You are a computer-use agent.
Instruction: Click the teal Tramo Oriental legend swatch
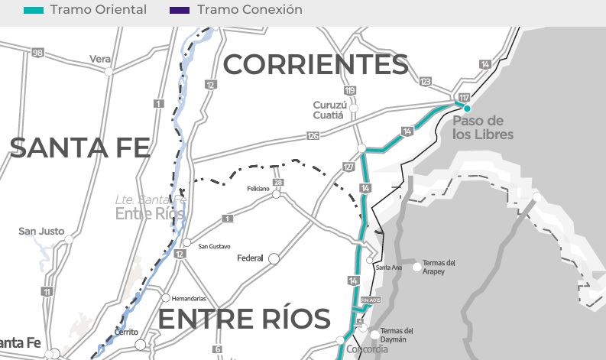(x=34, y=11)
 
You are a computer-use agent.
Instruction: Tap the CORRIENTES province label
(x=315, y=66)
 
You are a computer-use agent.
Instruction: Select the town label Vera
(x=99, y=59)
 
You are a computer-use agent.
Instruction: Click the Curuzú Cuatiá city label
(x=334, y=110)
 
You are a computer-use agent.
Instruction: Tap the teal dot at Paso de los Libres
(x=467, y=108)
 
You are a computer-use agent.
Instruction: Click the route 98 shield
(x=37, y=52)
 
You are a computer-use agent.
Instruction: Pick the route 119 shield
(x=350, y=91)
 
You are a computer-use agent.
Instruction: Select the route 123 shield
(x=426, y=81)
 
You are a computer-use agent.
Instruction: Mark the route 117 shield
(x=464, y=98)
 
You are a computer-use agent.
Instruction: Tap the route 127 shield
(x=349, y=167)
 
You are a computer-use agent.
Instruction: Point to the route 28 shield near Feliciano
(x=277, y=182)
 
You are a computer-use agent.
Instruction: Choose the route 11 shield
(x=47, y=292)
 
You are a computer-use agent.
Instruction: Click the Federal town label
(x=250, y=258)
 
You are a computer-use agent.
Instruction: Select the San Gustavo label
(x=214, y=246)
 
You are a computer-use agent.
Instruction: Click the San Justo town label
(x=41, y=231)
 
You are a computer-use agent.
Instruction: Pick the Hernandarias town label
(x=190, y=298)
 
